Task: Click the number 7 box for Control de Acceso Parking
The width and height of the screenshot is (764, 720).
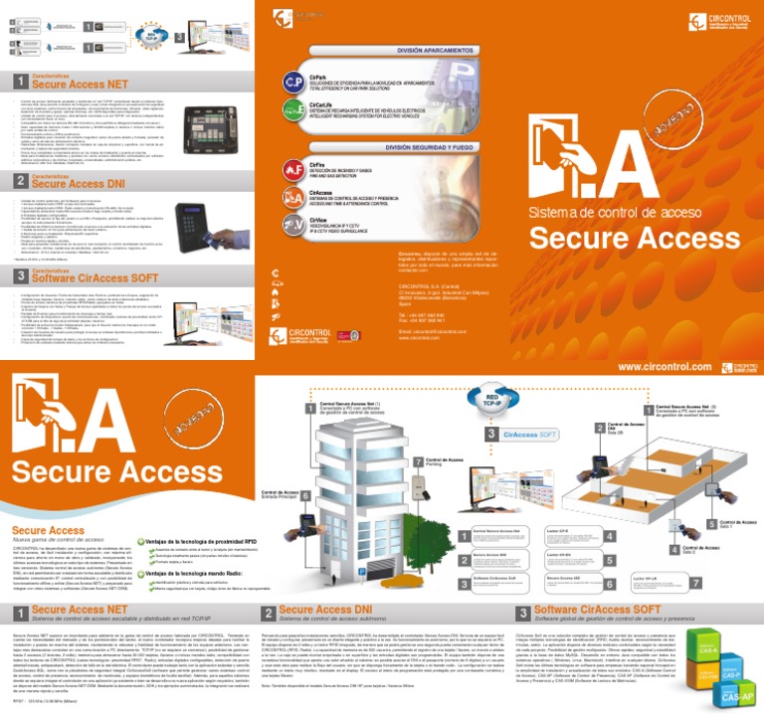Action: tap(418, 462)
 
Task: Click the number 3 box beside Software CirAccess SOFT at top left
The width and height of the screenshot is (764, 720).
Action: tap(21, 276)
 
